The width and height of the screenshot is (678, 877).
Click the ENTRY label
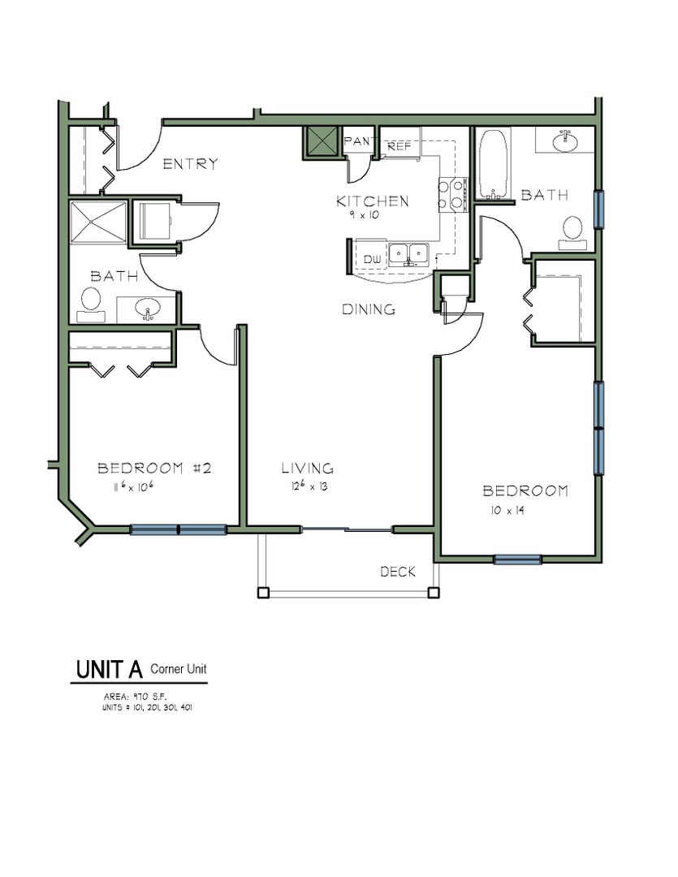(x=190, y=164)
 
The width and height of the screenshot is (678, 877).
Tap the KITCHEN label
(x=373, y=201)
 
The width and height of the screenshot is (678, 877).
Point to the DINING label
(x=369, y=309)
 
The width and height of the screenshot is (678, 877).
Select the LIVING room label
(x=307, y=469)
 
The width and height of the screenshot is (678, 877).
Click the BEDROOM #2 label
(x=154, y=469)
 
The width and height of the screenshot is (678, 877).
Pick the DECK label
(x=398, y=572)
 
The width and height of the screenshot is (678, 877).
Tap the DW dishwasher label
(x=372, y=260)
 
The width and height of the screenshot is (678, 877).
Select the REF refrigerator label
(x=399, y=146)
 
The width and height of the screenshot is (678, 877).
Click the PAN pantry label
(x=357, y=141)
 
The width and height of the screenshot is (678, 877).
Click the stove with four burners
(x=452, y=195)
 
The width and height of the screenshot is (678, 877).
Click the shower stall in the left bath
(x=98, y=222)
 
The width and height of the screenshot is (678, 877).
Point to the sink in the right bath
(x=566, y=140)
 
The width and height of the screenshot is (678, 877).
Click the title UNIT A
(x=109, y=669)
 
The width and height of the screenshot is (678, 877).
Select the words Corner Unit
(x=179, y=669)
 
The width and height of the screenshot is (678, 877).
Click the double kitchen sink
(x=408, y=254)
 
